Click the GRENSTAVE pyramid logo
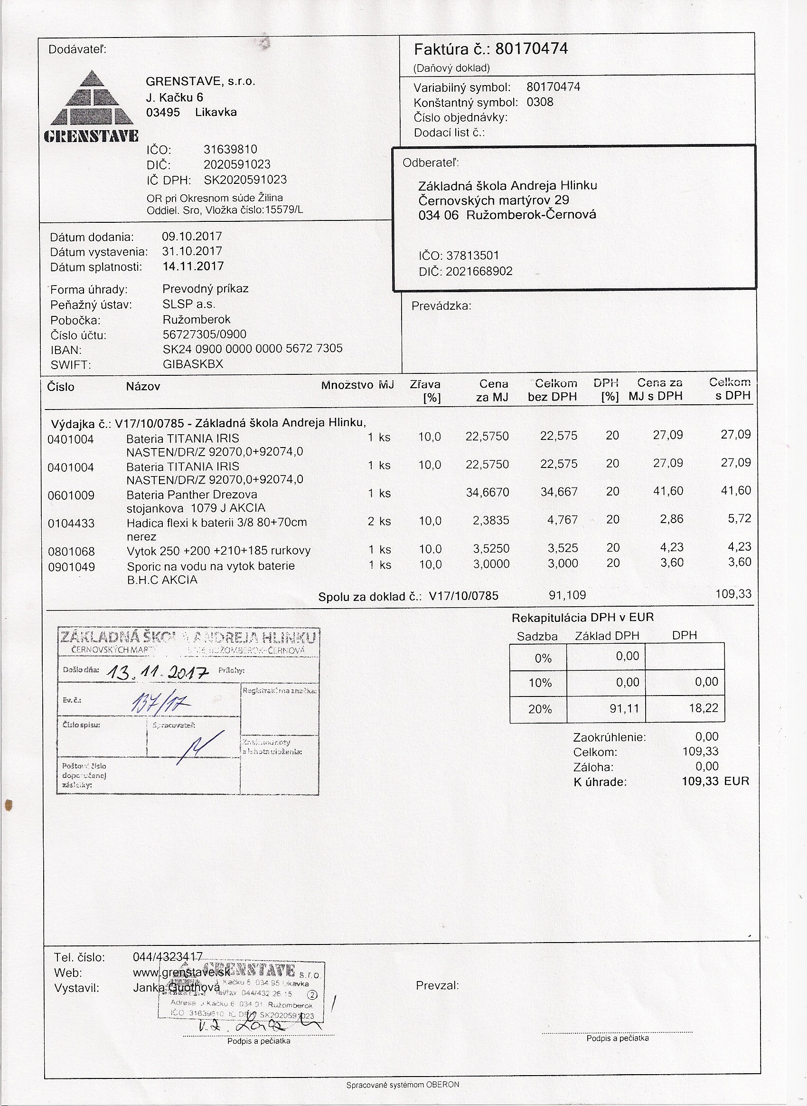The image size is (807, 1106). click(91, 106)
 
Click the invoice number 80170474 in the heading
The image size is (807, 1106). click(531, 49)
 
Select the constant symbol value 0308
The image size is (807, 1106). click(540, 102)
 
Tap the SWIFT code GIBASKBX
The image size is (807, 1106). click(192, 364)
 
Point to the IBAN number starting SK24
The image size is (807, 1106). click(252, 349)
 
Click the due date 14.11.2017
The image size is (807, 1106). click(193, 267)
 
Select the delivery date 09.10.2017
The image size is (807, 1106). click(192, 237)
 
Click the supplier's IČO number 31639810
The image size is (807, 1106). click(230, 149)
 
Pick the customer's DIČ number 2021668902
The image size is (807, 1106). click(479, 271)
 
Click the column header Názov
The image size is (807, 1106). click(143, 387)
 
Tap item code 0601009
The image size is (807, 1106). click(71, 496)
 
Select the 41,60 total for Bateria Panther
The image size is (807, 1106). click(736, 491)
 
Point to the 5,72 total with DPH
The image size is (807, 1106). click(739, 519)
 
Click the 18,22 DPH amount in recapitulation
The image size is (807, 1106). click(704, 708)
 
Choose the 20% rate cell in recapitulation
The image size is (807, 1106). click(540, 709)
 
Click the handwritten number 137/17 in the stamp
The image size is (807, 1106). click(160, 704)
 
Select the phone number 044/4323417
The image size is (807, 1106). click(168, 957)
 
